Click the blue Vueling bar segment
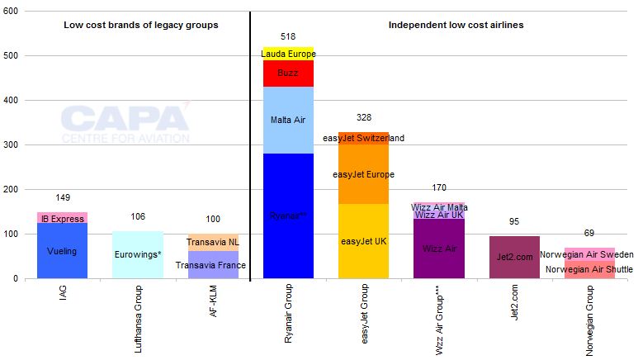pyautogui.click(x=62, y=251)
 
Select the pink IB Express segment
pyautogui.click(x=62, y=218)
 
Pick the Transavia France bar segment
pyautogui.click(x=213, y=265)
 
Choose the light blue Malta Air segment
pyautogui.click(x=288, y=120)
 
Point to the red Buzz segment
pyautogui.click(x=288, y=73)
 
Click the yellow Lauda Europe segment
pyautogui.click(x=288, y=54)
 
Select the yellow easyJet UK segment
pyautogui.click(x=363, y=241)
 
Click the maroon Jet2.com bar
pyautogui.click(x=515, y=257)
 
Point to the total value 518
pyautogui.click(x=288, y=36)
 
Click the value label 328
pyautogui.click(x=363, y=118)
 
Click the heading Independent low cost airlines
pyautogui.click(x=456, y=25)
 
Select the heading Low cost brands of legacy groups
pyautogui.click(x=141, y=25)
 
